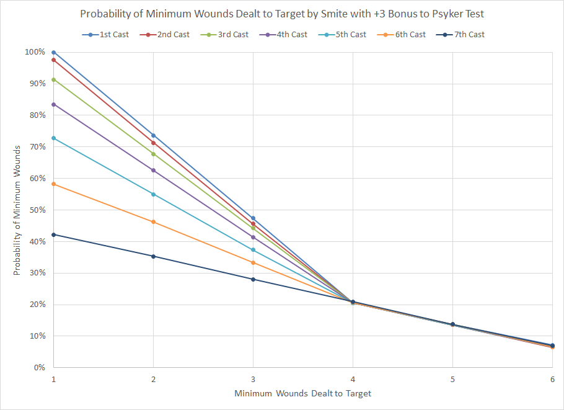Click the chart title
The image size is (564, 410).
[x=281, y=14]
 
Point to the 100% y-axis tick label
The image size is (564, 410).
[x=35, y=52]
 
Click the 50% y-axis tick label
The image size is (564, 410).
[x=37, y=210]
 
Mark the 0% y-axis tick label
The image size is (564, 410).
[x=38, y=367]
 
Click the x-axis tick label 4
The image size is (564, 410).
[x=353, y=379]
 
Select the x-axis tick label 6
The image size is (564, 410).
[x=552, y=379]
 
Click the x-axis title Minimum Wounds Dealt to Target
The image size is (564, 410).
[x=302, y=393]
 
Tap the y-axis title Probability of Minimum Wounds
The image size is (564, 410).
[x=18, y=210]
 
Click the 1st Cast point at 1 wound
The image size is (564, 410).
[x=54, y=52]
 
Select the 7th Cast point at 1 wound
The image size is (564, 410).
[x=54, y=234]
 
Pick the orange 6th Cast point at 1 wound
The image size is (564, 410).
[x=54, y=184]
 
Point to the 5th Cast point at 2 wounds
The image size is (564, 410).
[x=154, y=194]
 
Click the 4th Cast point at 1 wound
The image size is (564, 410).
[x=54, y=104]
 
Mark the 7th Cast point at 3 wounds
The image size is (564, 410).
[x=253, y=279]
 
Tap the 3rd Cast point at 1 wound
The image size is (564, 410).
[x=54, y=79]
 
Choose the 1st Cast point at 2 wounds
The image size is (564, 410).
[x=154, y=135]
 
